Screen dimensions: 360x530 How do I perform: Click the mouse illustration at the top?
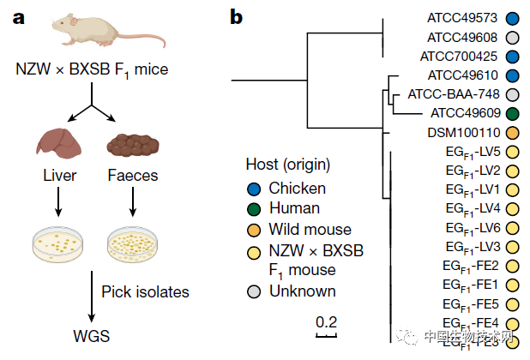91,35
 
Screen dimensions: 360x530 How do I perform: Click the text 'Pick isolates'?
144,292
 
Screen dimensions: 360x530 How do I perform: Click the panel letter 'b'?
237,15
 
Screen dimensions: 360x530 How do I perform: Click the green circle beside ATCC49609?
513,112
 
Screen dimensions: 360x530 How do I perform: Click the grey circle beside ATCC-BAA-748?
513,93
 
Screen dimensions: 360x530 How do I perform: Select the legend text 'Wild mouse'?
310,229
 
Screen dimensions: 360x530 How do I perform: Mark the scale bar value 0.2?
326,322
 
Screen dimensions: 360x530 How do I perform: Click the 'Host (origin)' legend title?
287,165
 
